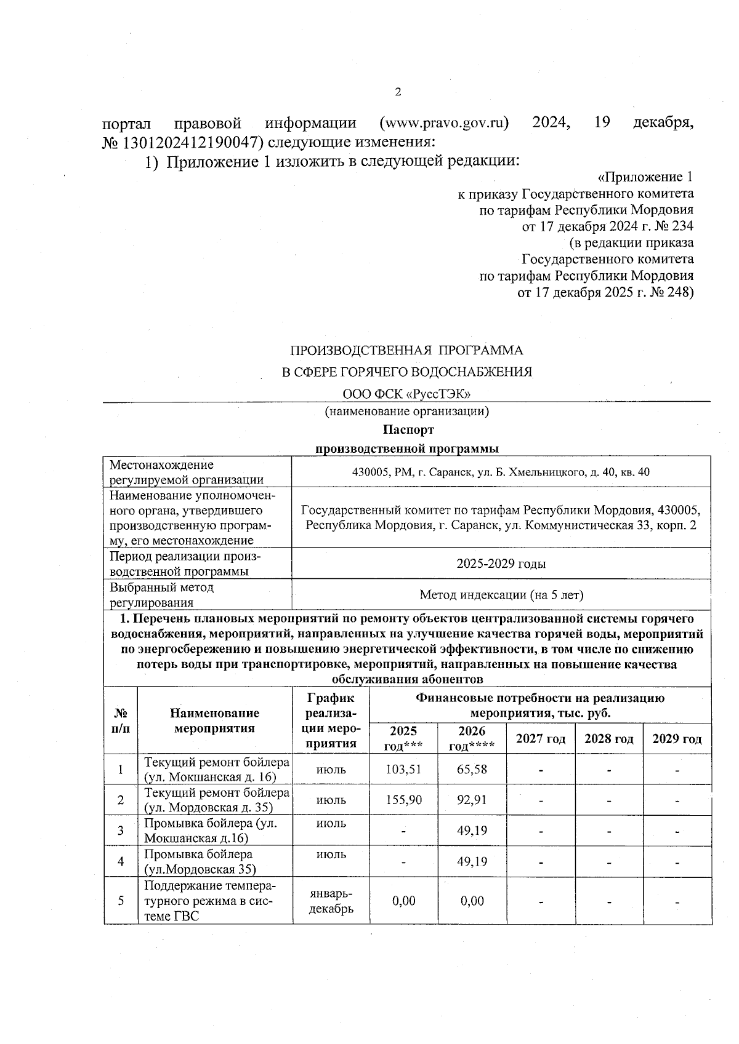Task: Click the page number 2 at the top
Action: point(397,92)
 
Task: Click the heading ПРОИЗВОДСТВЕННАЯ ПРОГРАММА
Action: point(406,351)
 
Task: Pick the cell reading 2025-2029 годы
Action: point(501,564)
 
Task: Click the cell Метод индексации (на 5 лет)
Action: point(501,595)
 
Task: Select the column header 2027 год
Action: point(541,739)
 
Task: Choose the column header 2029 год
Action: point(677,739)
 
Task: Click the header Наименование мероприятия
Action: point(214,721)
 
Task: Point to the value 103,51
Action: point(403,770)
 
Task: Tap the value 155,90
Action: point(403,800)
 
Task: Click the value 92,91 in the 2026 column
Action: point(472,800)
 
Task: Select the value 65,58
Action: point(472,770)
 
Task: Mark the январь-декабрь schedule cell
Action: point(331,901)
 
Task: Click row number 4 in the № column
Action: point(121,862)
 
